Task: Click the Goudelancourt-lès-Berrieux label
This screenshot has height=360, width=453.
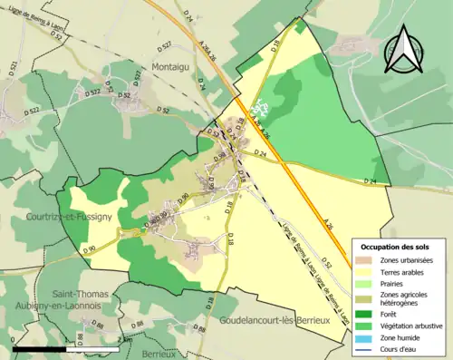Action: point(278,322)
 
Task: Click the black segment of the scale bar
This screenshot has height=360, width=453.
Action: point(41,348)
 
